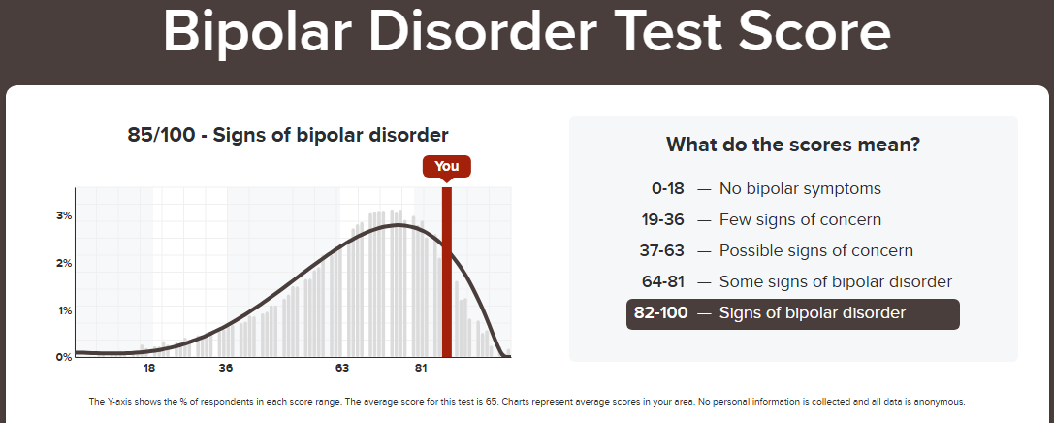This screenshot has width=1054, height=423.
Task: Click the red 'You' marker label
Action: (446, 166)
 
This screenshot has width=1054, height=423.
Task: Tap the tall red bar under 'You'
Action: (446, 272)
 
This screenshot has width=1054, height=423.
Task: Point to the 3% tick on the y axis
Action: (65, 216)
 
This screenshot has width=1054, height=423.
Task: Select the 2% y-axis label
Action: (65, 263)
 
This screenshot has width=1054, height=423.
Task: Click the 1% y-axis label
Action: (65, 310)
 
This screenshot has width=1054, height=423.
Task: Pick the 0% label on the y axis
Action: (65, 357)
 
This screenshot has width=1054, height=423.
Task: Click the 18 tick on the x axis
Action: (149, 368)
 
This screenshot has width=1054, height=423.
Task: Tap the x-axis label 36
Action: (226, 368)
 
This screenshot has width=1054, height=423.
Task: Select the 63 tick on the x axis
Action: (342, 368)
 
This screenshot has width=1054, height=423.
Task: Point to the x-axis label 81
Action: (421, 368)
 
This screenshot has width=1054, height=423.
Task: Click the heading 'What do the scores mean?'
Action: (793, 145)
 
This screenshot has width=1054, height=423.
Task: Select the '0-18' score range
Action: (667, 189)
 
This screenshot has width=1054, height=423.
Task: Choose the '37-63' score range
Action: (662, 251)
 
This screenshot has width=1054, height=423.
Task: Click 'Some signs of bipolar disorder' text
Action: (836, 281)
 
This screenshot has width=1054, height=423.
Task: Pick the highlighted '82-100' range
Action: (660, 313)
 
